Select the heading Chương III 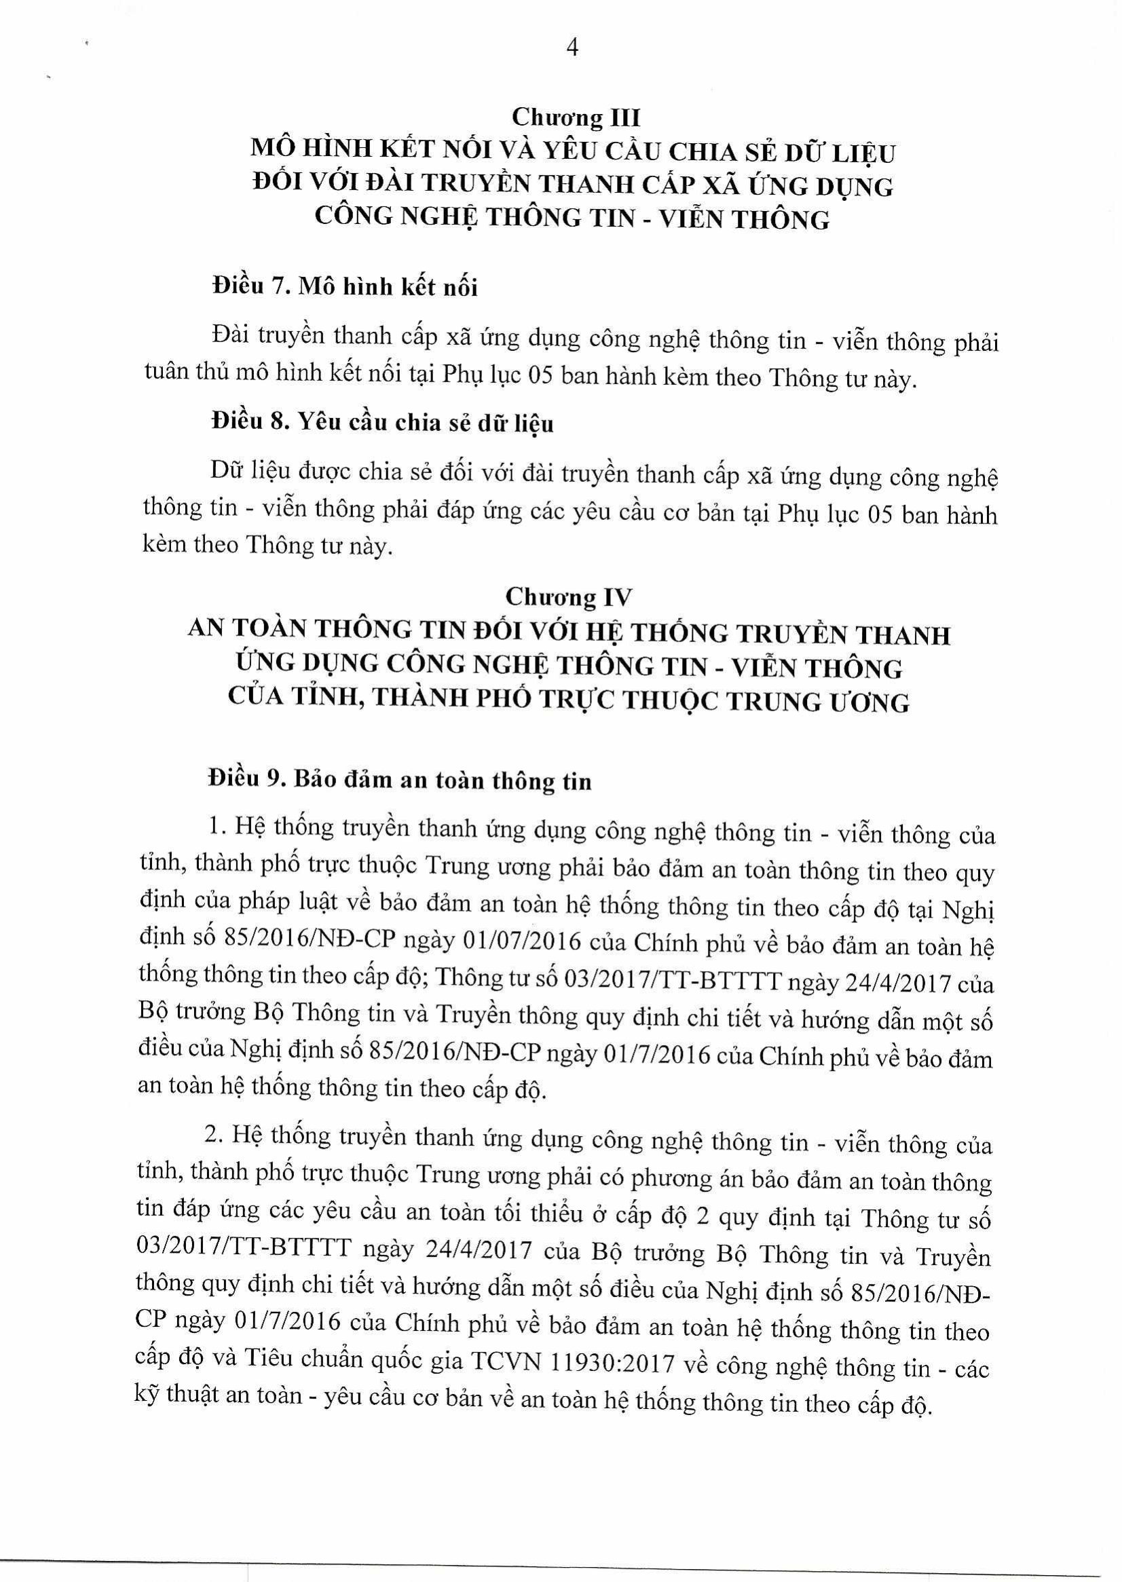576,118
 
